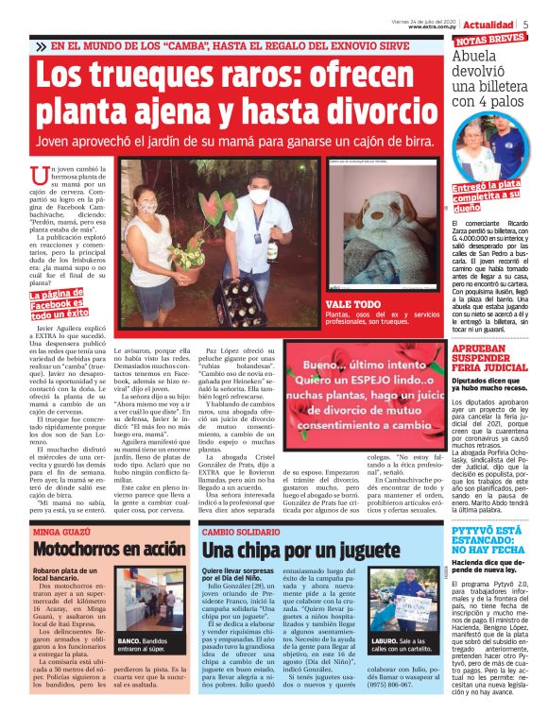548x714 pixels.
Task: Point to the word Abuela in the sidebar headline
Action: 477,58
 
